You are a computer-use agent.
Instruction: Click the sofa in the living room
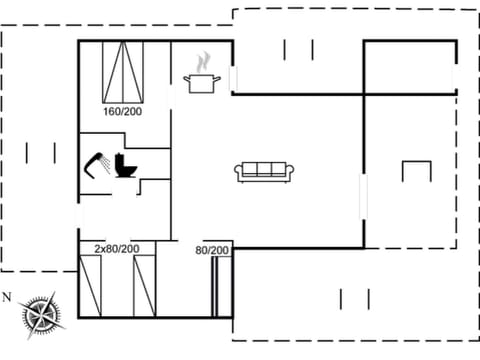coord(264,171)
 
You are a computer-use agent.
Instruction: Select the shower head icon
coord(98,162)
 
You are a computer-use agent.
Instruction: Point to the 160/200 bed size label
coord(123,111)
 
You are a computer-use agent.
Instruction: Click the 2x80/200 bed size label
coord(117,248)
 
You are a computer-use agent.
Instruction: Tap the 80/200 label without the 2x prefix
coord(212,250)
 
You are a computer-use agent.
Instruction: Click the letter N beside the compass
coord(7,297)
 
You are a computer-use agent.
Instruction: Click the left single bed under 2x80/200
coord(92,286)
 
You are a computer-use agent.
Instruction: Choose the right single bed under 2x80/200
coord(146,286)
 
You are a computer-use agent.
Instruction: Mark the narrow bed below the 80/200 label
coord(215,287)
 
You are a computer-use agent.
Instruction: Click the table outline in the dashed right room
coord(416,169)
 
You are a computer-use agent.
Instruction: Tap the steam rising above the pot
coord(204,61)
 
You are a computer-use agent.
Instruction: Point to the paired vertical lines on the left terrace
coord(41,152)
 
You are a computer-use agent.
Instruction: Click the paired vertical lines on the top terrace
coord(298,49)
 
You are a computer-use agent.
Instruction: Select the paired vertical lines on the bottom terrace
coord(355,298)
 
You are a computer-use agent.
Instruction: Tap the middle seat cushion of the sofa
coord(264,169)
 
